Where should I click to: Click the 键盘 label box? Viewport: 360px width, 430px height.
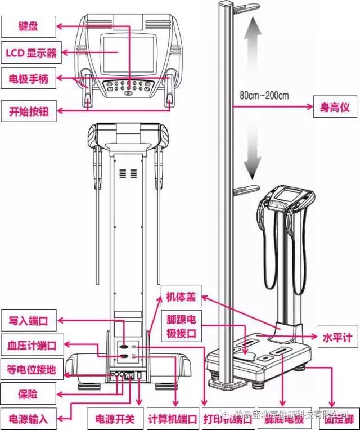pyautogui.click(x=28, y=25)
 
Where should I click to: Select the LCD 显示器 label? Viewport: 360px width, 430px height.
pyautogui.click(x=31, y=53)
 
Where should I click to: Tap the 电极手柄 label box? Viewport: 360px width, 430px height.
pyautogui.click(x=28, y=79)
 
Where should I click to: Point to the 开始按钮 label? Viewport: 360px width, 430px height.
pyautogui.click(x=29, y=111)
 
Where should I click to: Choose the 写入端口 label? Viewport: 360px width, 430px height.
pyautogui.click(x=28, y=321)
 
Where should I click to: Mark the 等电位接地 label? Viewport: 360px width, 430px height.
pyautogui.click(x=31, y=369)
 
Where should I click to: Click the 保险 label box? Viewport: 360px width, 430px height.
pyautogui.click(x=28, y=393)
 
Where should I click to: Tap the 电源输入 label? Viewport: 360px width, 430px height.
pyautogui.click(x=28, y=419)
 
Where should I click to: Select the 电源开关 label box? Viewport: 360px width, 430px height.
pyautogui.click(x=115, y=419)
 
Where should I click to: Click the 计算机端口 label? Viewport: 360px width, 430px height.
pyautogui.click(x=173, y=419)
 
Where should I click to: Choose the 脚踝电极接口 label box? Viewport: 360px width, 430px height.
pyautogui.click(x=181, y=326)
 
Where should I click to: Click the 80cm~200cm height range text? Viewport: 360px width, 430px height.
pyautogui.click(x=264, y=95)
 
